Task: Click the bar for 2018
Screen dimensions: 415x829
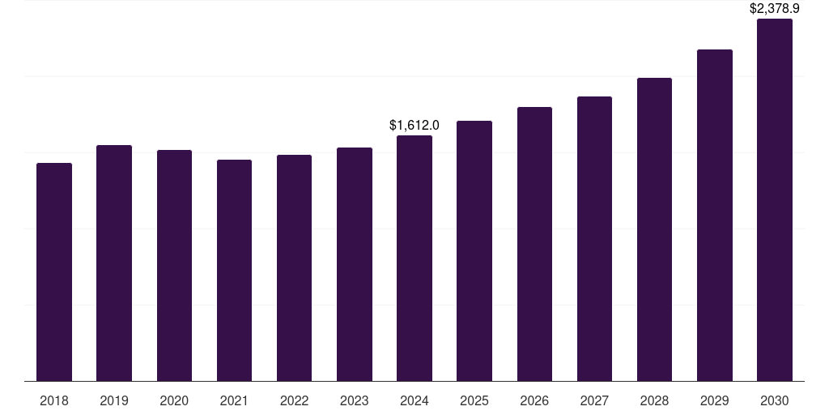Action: (54, 272)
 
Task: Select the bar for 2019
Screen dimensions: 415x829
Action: (114, 263)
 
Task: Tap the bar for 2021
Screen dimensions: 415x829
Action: (234, 271)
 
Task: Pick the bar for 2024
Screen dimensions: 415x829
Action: (414, 259)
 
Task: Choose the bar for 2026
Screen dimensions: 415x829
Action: (534, 244)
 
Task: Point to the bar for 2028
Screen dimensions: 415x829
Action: (654, 229)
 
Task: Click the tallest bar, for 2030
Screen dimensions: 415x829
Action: (775, 200)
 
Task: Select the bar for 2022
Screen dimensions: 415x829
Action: (294, 268)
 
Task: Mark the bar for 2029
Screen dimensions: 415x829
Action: (715, 216)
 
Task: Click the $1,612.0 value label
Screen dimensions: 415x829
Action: (414, 125)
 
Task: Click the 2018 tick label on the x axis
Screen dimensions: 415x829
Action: (54, 400)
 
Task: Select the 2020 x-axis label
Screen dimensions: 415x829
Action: (174, 400)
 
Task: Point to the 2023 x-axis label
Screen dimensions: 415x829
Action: (354, 400)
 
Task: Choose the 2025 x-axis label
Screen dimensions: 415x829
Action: (474, 400)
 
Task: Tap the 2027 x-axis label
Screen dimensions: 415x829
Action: (594, 400)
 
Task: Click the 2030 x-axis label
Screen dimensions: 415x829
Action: (775, 400)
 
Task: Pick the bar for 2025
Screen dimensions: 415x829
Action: (474, 251)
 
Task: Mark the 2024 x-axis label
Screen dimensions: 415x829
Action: (414, 400)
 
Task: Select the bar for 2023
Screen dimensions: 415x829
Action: (354, 264)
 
